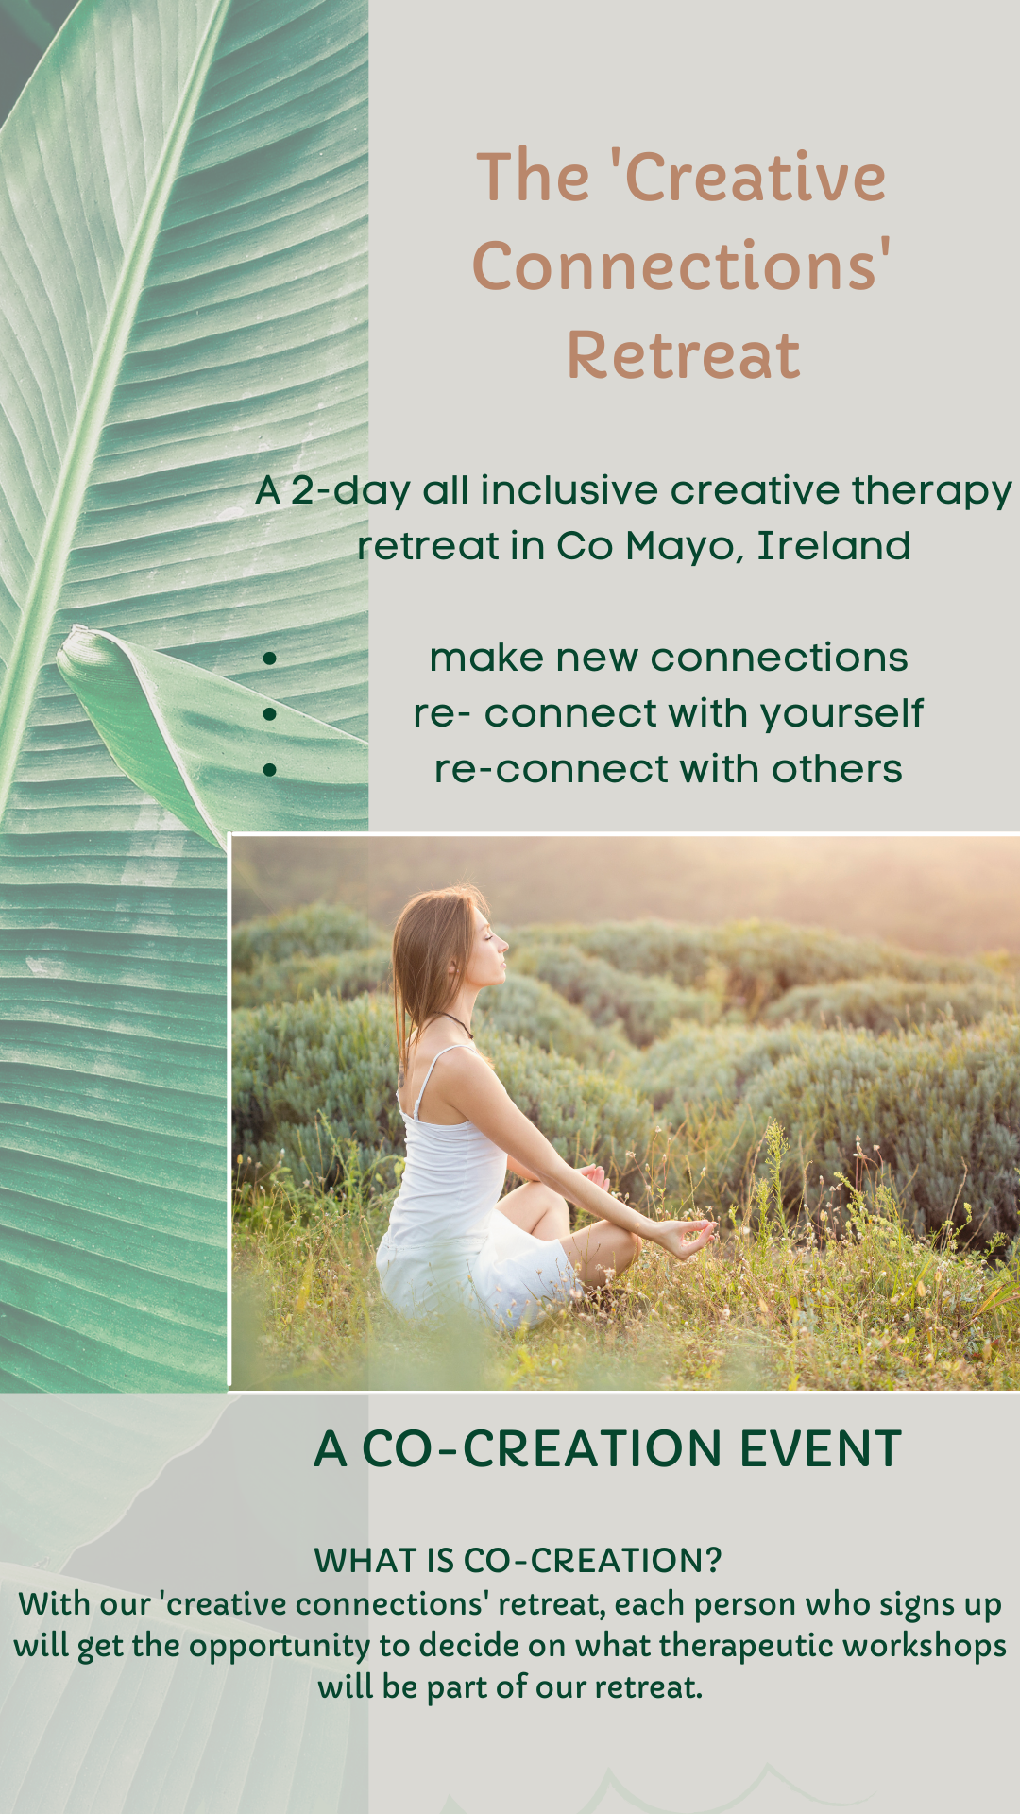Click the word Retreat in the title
pos(683,356)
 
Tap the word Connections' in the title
pos(681,266)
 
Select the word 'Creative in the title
pos(747,178)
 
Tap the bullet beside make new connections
pos(270,659)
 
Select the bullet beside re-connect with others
pos(270,770)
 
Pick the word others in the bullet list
pos(837,770)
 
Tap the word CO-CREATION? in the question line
pos(593,1561)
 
